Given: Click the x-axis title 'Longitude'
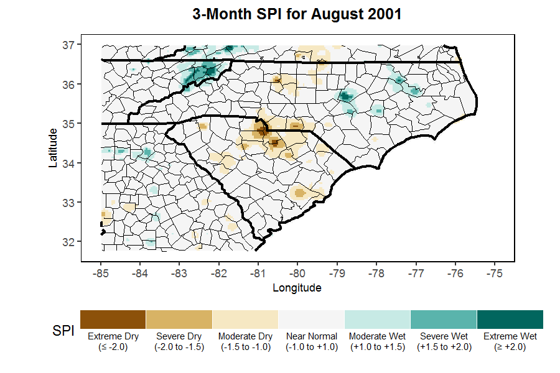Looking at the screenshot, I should tap(297, 288).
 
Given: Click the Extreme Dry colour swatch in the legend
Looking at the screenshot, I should tap(113, 320).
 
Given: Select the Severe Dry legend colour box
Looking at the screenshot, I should tap(179, 320).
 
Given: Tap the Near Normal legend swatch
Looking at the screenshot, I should tap(311, 320).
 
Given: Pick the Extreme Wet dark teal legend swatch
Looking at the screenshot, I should tap(510, 320).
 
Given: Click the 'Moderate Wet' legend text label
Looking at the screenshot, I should tap(378, 336).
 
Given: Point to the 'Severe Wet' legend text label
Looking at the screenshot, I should tap(444, 336).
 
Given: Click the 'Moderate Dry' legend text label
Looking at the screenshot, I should tap(245, 336).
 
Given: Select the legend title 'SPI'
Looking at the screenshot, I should tap(62, 332).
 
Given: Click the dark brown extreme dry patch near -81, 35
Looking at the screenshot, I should tap(263, 131).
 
